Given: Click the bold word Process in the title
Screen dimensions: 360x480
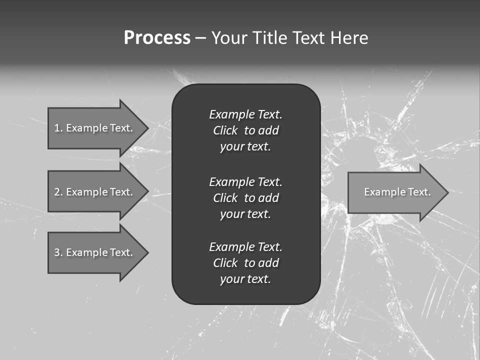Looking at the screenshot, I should point(157,38).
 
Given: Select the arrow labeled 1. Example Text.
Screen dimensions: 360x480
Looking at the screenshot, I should point(95,128).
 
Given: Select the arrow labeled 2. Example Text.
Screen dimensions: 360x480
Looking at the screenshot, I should point(95,192).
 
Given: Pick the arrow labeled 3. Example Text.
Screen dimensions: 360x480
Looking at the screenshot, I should point(95,252).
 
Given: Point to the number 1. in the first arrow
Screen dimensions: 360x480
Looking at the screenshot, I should point(58,128).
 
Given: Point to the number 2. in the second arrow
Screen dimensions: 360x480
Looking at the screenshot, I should point(58,192).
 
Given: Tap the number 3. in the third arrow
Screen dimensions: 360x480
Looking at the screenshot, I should point(58,252).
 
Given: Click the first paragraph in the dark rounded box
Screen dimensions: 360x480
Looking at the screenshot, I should point(245,130).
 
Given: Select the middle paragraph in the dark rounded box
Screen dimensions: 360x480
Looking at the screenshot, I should point(245,197).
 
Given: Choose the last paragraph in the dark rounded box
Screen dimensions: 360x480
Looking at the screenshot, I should point(245,263).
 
